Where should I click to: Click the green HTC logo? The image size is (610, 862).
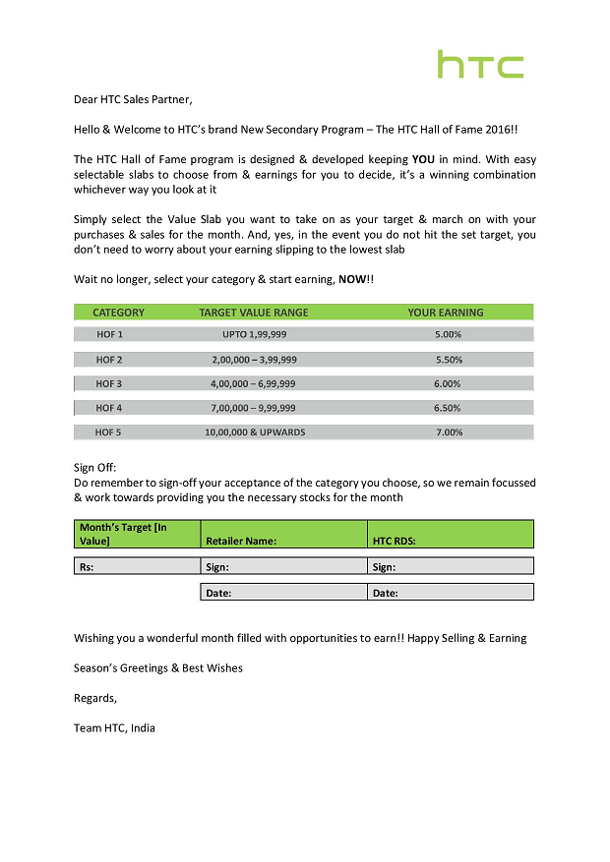480,65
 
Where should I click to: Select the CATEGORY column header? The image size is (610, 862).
118,313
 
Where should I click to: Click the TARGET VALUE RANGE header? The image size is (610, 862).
254,313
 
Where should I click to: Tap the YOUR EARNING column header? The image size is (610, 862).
446,313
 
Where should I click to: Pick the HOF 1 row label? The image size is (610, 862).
109,335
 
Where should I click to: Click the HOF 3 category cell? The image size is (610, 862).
109,384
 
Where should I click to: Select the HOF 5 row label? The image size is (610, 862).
109,432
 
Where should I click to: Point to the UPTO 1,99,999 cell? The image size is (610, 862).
254,335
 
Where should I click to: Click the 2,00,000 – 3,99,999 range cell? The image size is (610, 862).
254,360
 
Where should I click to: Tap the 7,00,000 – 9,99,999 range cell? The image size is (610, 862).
254,408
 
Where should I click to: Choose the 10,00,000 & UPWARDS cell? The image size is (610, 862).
255,432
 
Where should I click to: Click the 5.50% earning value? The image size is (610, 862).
448,360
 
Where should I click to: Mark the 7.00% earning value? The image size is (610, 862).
449,432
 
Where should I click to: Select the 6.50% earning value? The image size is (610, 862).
448,408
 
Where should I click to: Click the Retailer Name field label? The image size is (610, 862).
241,541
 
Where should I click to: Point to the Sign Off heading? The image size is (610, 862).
95,468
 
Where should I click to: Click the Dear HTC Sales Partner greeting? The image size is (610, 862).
134,99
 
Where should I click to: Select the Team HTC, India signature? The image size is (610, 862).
114,728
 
